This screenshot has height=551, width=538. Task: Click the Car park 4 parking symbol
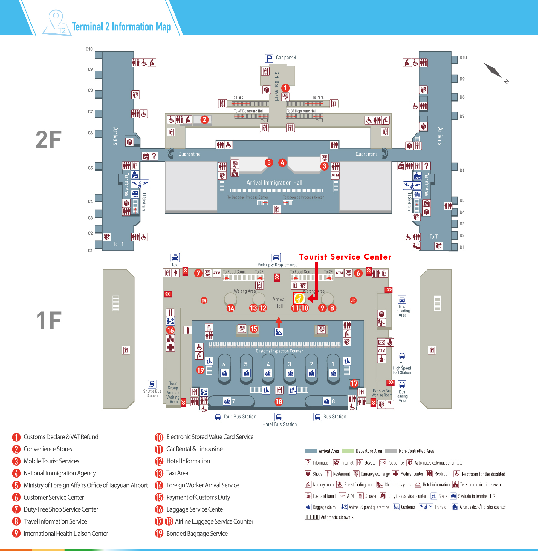269,58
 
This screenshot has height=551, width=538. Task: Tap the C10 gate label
89,49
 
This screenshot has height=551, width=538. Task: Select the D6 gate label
462,170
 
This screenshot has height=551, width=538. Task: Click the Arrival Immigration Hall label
274,182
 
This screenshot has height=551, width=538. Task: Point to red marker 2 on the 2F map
204,120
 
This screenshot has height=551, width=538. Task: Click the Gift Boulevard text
277,86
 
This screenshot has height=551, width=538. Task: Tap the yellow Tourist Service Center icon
299,298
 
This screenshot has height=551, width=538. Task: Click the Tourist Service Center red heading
345,257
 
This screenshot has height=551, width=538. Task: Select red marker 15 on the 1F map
254,329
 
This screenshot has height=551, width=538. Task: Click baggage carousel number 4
268,364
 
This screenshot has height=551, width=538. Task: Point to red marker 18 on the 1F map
279,402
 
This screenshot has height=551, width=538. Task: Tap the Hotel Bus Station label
279,424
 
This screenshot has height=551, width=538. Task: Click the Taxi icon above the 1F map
175,257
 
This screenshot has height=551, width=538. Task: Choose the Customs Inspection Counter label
279,351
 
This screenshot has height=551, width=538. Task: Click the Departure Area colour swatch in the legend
348,451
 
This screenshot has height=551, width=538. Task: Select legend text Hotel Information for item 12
188,461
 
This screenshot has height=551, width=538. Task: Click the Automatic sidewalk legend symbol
312,517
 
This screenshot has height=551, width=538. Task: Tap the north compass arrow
493,70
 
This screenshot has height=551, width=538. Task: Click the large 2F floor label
49,139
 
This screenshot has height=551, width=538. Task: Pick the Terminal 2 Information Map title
121,27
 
